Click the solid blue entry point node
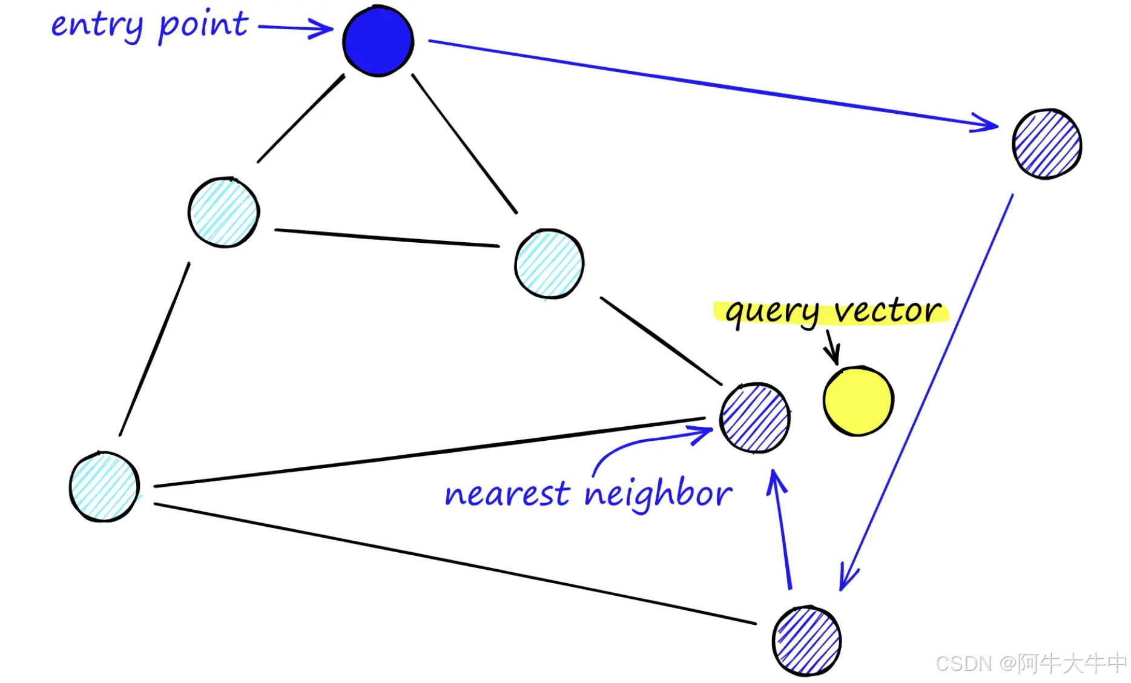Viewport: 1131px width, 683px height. click(x=378, y=41)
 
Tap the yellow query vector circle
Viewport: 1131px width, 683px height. click(x=858, y=400)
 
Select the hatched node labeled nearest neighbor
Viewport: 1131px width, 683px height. click(x=754, y=418)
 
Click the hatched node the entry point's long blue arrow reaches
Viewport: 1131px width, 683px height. click(x=1047, y=144)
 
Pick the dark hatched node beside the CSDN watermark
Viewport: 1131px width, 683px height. click(x=806, y=641)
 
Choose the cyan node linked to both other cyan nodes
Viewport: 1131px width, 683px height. click(x=223, y=212)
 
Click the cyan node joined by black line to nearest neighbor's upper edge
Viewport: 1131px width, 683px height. click(x=549, y=263)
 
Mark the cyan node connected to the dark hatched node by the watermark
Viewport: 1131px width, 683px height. click(x=104, y=486)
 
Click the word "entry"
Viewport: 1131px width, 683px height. click(x=97, y=25)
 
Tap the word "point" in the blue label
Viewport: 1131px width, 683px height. click(x=203, y=25)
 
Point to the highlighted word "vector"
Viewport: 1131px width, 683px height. click(x=888, y=311)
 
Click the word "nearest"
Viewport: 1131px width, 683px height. click(x=507, y=494)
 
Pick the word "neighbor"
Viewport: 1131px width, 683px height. click(x=658, y=494)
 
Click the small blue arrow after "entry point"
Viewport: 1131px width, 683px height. click(x=295, y=28)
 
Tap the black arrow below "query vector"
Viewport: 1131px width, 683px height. click(x=832, y=348)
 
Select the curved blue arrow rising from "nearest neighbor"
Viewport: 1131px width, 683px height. click(x=648, y=440)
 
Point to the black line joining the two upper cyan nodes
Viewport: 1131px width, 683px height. click(x=387, y=238)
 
